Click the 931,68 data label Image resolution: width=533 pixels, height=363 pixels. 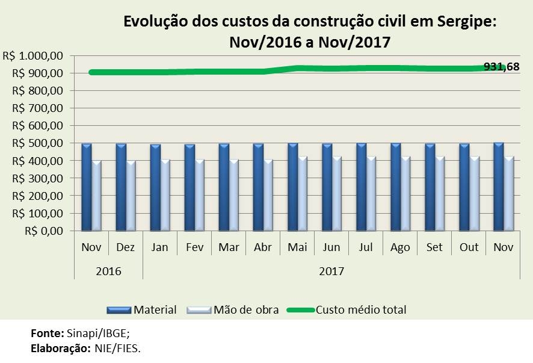pos(501,66)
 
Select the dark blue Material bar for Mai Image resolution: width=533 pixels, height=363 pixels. pos(293,187)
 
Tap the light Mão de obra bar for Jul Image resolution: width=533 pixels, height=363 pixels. pos(372,193)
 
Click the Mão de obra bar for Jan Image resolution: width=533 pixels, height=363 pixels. pos(166,195)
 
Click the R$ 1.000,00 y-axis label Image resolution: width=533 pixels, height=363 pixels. pos(34,55)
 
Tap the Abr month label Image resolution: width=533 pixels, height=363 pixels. pos(263,247)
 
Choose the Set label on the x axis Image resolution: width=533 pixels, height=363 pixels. pos(435,247)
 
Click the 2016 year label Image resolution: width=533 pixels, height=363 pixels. pos(108,271)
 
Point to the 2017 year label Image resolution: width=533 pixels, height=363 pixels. pos(331,271)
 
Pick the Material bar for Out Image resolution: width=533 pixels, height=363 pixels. pos(464,187)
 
